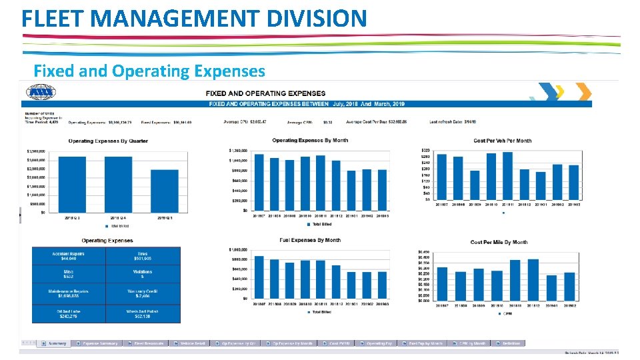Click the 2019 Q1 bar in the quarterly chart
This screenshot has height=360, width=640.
tap(164, 191)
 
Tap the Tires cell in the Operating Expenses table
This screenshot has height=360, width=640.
tap(143, 256)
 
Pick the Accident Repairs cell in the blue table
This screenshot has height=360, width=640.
tap(69, 256)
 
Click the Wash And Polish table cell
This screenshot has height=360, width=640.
tap(143, 313)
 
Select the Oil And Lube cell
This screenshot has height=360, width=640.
tap(69, 313)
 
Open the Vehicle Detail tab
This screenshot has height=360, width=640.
tap(190, 343)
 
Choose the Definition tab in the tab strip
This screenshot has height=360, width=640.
tap(511, 343)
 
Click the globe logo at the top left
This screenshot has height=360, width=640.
tap(39, 94)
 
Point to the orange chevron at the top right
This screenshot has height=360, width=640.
tap(583, 91)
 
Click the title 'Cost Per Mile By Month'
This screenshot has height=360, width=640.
tap(499, 242)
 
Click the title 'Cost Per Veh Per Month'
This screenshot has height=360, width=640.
tap(502, 141)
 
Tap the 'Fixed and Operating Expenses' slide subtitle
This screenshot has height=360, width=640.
tap(149, 71)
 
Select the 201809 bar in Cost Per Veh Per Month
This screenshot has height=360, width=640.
tap(475, 185)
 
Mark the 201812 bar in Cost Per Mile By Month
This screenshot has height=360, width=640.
tap(533, 280)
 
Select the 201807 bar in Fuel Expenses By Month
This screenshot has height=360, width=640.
tap(259, 277)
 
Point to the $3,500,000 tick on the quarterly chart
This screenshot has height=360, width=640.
tap(36, 151)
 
